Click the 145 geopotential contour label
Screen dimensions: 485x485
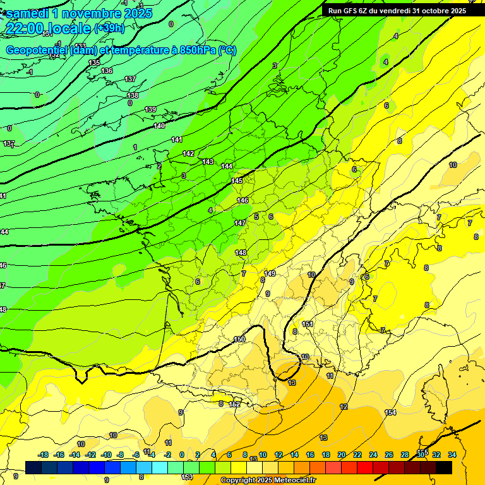click(x=237, y=181)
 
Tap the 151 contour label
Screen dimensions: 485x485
click(x=308, y=324)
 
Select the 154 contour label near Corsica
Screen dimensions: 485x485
click(x=390, y=412)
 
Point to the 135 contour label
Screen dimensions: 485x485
click(x=94, y=63)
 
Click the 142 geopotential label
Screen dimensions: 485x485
click(x=188, y=153)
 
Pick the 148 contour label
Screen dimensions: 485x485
click(x=241, y=253)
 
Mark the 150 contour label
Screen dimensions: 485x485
click(x=239, y=339)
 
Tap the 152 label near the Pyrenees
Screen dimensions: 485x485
click(x=234, y=404)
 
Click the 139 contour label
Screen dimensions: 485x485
click(x=150, y=110)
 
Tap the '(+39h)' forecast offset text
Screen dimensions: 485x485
click(x=109, y=28)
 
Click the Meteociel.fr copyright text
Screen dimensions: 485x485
click(x=268, y=481)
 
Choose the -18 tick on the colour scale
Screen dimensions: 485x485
click(x=43, y=455)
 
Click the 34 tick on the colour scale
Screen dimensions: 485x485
click(x=452, y=455)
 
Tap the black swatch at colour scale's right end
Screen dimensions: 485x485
click(x=443, y=467)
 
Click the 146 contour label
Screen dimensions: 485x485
click(x=242, y=200)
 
